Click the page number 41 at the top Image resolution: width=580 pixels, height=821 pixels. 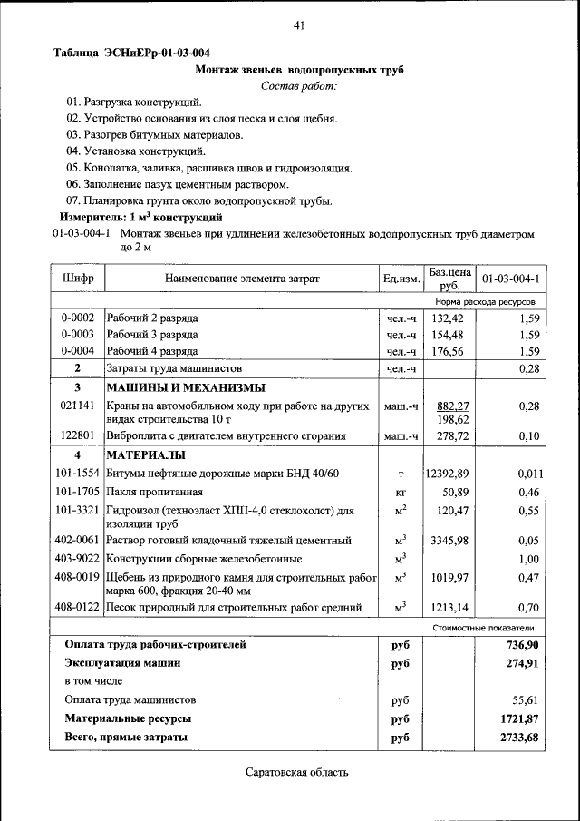click(x=298, y=25)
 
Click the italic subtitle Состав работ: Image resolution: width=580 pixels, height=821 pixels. click(x=298, y=86)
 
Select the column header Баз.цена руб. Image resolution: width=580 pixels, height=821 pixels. click(x=449, y=278)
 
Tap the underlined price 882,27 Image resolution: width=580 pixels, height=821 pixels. click(x=452, y=406)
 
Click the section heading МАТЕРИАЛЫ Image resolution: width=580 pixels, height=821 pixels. click(x=146, y=454)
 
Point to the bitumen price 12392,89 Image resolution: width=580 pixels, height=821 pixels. click(x=447, y=474)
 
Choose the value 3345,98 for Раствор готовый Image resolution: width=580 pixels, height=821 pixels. click(x=449, y=541)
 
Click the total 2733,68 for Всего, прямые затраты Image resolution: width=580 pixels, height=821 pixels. click(x=519, y=738)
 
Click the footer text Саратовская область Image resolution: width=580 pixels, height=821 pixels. click(x=296, y=773)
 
